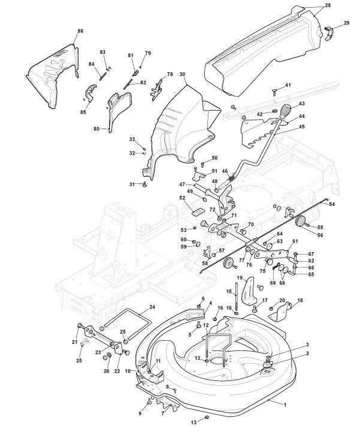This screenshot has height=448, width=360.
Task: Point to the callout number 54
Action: pyautogui.click(x=332, y=205)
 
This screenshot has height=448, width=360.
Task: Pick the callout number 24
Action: pyautogui.click(x=152, y=307)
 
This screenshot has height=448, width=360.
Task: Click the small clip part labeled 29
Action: pyautogui.click(x=328, y=30)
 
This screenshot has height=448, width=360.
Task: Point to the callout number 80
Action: pyautogui.click(x=96, y=128)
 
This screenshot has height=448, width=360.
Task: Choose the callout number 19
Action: pyautogui.click(x=239, y=279)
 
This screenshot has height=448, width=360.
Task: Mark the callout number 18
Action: pyautogui.click(x=300, y=300)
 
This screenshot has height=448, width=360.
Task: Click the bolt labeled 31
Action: pyautogui.click(x=145, y=185)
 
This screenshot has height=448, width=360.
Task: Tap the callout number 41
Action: pyautogui.click(x=288, y=86)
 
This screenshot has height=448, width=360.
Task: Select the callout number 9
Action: pyautogui.click(x=140, y=413)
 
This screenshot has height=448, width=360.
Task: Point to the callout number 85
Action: pyautogui.click(x=83, y=112)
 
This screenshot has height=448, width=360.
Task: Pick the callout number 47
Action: pyautogui.click(x=181, y=184)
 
